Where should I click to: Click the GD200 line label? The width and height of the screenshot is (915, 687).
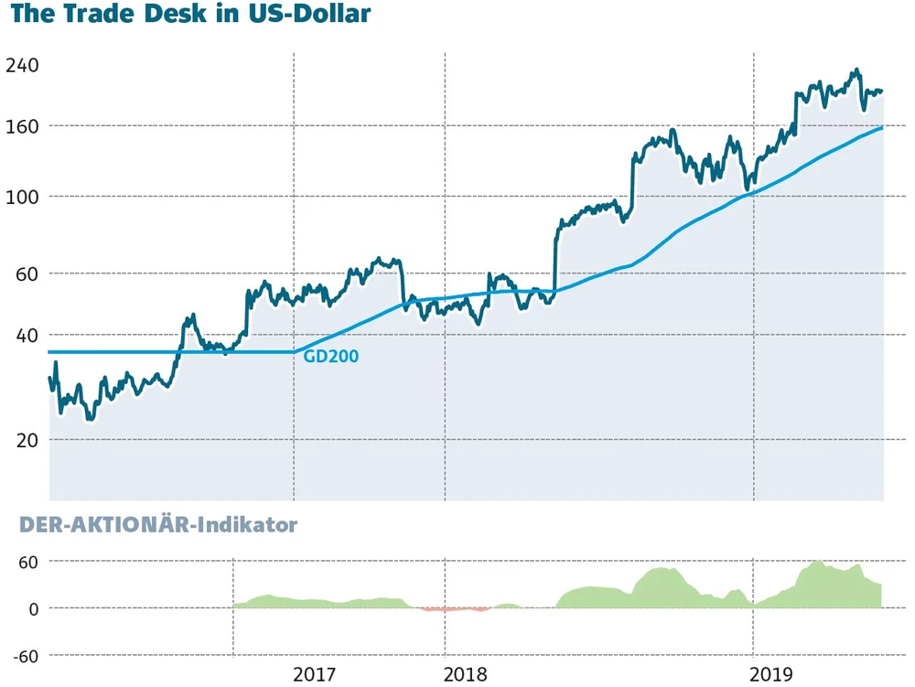pyautogui.click(x=331, y=357)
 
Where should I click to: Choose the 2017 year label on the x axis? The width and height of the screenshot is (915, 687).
pyautogui.click(x=315, y=675)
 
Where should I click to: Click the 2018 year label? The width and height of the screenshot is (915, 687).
pyautogui.click(x=466, y=675)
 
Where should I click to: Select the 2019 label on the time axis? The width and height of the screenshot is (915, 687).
pyautogui.click(x=771, y=675)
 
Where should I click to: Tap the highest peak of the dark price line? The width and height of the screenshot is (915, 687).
pyautogui.click(x=856, y=70)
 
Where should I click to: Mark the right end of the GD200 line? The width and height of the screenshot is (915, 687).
pyautogui.click(x=882, y=128)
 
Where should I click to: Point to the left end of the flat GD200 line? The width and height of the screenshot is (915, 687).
pyautogui.click(x=49, y=352)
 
